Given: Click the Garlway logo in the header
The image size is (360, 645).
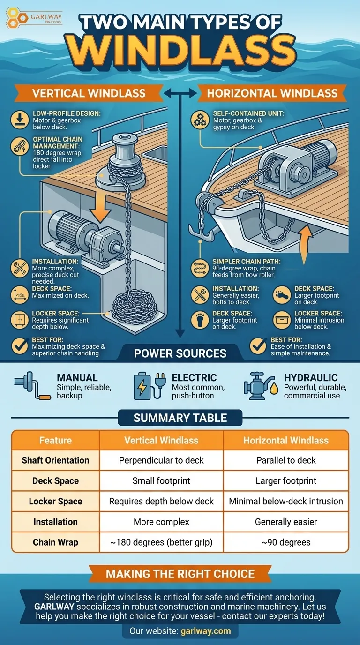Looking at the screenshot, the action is [x=34, y=18].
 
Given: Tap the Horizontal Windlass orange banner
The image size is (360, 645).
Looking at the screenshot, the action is [x=272, y=93].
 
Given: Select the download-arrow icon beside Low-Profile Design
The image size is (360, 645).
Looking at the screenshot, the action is [x=20, y=120].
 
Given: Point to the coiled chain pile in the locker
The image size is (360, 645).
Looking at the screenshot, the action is [x=135, y=309].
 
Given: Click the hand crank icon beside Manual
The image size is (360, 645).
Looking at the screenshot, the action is [x=32, y=385].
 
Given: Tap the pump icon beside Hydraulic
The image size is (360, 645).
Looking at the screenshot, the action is [x=261, y=386].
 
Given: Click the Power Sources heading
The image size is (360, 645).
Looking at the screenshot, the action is [x=180, y=353].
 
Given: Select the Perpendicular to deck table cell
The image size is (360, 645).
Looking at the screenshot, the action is [x=161, y=460].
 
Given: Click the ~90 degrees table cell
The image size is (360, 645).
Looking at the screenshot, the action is [x=286, y=542].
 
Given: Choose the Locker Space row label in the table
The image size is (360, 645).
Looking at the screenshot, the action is [x=56, y=501].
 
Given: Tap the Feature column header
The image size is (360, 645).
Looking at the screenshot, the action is [x=56, y=440].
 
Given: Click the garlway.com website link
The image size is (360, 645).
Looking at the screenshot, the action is [x=206, y=631].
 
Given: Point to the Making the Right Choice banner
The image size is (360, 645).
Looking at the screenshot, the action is [x=180, y=574].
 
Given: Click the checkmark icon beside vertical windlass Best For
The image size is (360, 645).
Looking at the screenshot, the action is [x=20, y=346].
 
